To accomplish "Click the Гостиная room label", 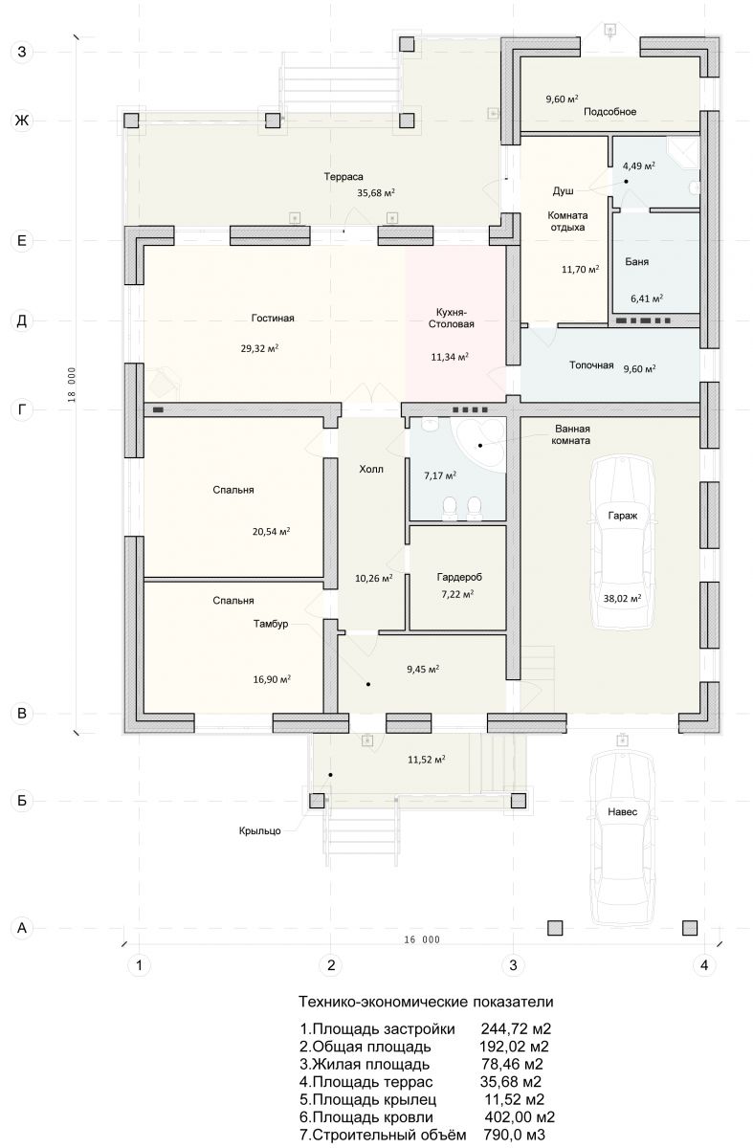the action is click(273, 319).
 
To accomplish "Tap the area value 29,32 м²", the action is click(259, 348).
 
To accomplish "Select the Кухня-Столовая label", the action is click(451, 319).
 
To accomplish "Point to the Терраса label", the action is click(343, 177).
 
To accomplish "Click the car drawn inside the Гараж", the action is click(623, 543).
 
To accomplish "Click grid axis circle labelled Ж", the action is click(22, 121).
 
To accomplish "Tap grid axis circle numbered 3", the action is click(513, 965).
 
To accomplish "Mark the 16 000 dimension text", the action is click(422, 939).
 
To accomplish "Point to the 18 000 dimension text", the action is click(71, 385).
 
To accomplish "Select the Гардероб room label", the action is click(459, 577).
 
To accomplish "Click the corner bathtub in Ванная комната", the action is click(482, 442).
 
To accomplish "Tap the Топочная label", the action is click(591, 365).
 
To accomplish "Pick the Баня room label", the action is click(636, 262).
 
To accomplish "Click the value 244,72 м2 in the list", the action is click(516, 1028).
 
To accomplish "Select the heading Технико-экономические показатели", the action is click(426, 1002).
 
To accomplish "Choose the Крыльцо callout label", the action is click(260, 830).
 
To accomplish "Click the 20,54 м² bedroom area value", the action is click(271, 532).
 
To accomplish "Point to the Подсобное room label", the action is click(610, 112).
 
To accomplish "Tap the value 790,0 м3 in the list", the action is click(514, 1135).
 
